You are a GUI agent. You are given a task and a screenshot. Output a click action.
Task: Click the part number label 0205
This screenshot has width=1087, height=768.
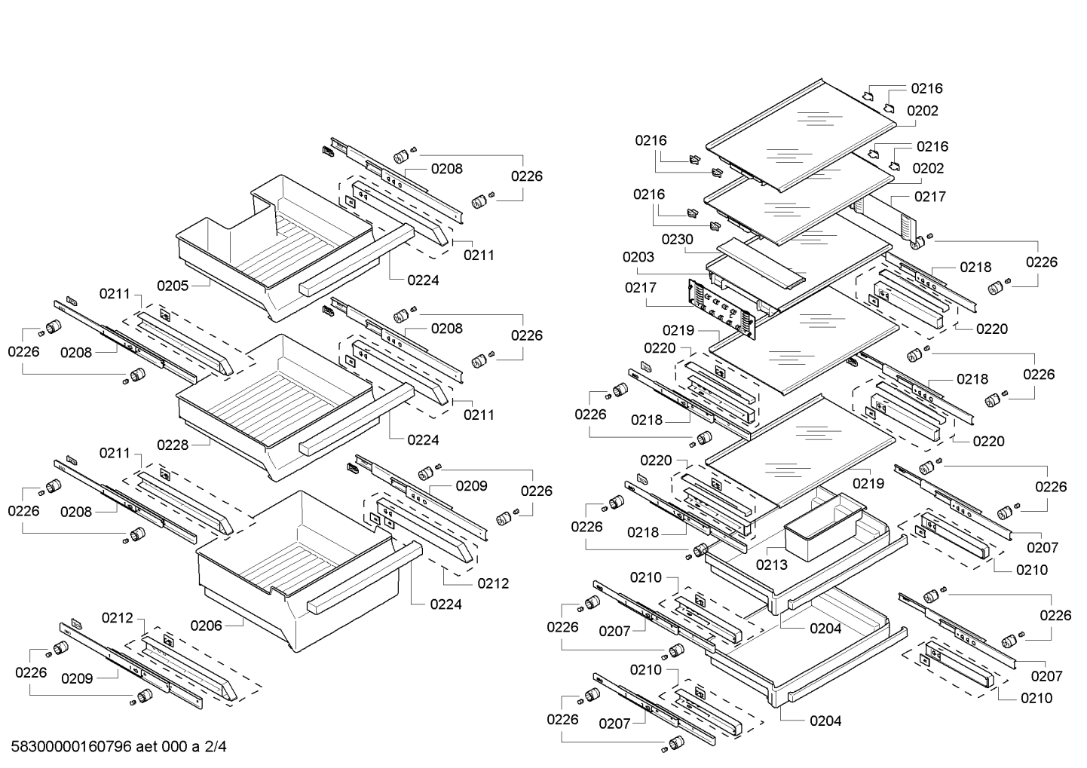[173, 286]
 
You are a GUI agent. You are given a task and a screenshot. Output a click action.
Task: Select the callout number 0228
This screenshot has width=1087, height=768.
[173, 445]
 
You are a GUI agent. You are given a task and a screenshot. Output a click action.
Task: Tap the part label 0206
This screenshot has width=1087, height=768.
[206, 626]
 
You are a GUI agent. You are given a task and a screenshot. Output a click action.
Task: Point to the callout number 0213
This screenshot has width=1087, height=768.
[772, 565]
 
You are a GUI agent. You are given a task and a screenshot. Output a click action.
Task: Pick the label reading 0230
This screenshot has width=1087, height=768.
[678, 239]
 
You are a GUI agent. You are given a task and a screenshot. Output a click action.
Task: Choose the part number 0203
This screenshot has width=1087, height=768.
[638, 257]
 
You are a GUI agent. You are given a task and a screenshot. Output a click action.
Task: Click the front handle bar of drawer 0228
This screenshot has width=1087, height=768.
[357, 419]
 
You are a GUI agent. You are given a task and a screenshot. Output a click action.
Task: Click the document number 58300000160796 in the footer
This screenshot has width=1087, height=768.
[71, 746]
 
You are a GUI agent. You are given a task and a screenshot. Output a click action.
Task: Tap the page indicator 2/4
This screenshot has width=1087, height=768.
[216, 746]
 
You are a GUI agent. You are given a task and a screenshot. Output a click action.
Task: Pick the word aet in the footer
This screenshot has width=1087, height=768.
[146, 746]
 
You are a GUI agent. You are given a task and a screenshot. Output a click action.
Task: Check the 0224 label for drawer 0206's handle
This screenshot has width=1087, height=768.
[446, 604]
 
